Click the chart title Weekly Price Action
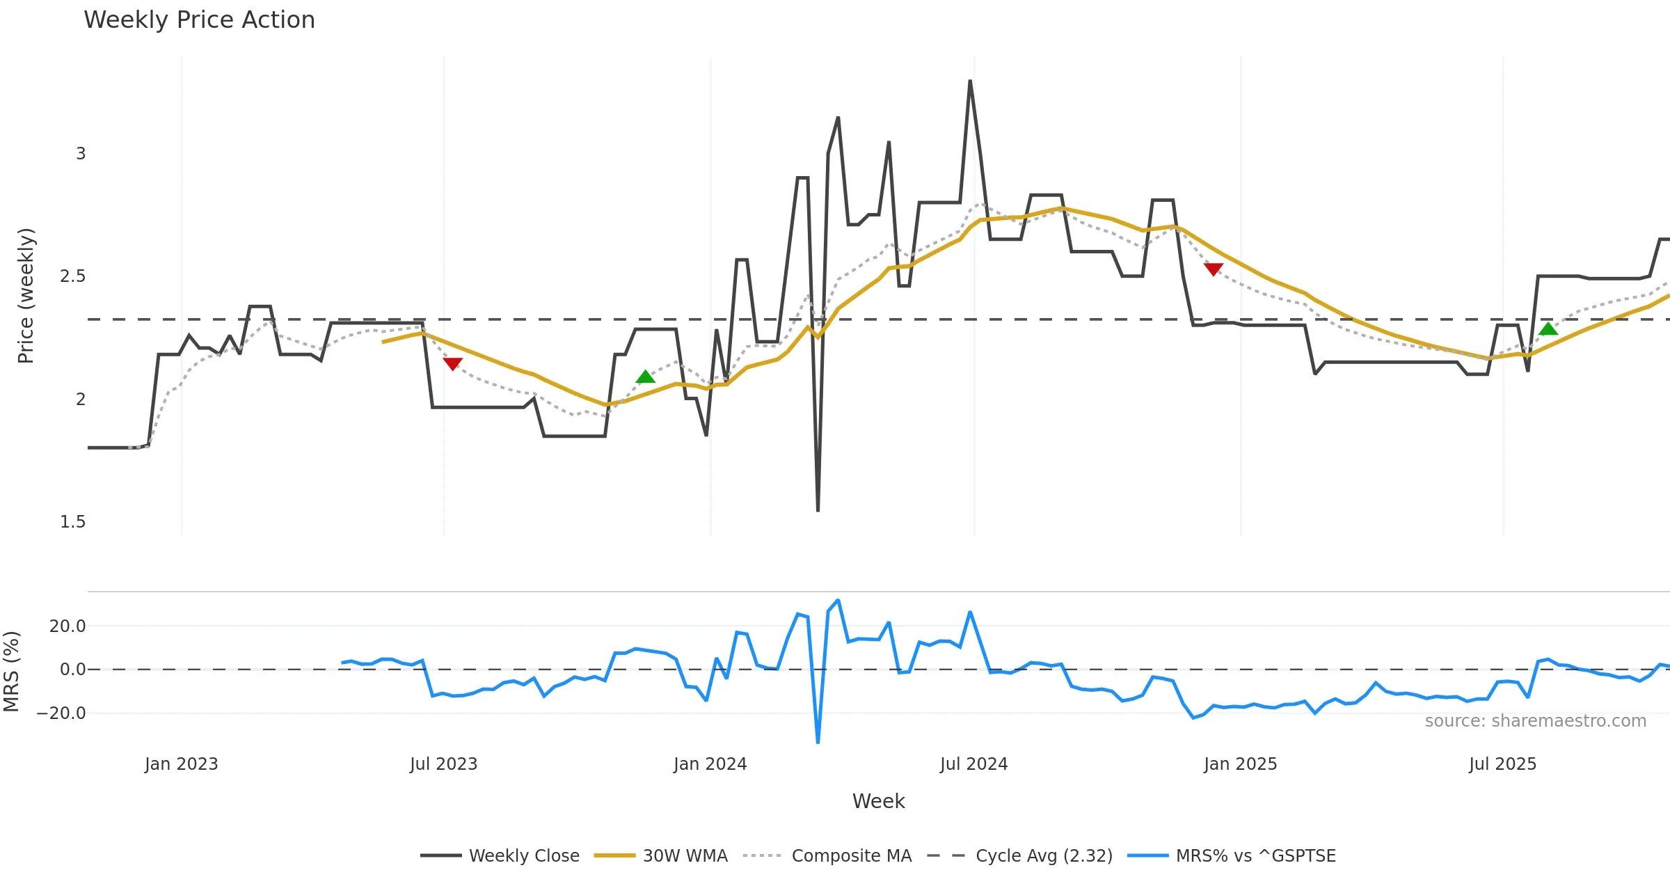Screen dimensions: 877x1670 tap(199, 20)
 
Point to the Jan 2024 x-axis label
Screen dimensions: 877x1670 tap(710, 764)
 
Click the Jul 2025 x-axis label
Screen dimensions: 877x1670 tap(1502, 764)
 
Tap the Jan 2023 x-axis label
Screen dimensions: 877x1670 tap(181, 764)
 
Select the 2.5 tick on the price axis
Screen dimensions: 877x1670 tap(73, 276)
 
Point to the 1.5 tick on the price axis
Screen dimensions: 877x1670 tap(73, 522)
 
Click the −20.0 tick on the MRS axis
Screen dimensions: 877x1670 tap(61, 713)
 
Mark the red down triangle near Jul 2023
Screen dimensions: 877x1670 tap(452, 363)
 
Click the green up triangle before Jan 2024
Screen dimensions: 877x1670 tap(646, 377)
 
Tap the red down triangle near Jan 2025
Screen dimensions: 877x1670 tap(1213, 269)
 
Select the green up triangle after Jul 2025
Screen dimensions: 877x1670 tap(1548, 329)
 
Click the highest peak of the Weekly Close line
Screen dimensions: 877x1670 tap(970, 81)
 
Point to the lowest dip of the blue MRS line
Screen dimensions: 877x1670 tap(818, 742)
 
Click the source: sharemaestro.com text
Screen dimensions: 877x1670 tap(1535, 721)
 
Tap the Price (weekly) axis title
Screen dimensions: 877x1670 tap(26, 296)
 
